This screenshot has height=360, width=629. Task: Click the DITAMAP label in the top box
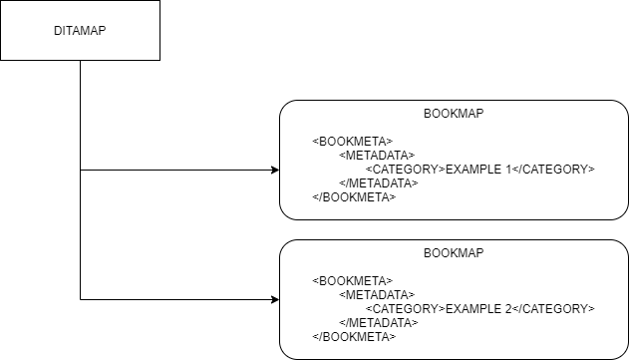[x=80, y=30]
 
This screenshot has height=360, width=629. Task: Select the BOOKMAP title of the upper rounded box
[x=454, y=114]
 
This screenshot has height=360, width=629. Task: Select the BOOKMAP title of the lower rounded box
[x=454, y=253]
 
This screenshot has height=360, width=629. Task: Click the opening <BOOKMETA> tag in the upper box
[x=352, y=142]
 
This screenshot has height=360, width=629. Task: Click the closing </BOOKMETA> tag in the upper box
[x=354, y=197]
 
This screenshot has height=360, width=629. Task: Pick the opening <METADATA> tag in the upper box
[x=377, y=156]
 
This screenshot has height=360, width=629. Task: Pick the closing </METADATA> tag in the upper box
[x=379, y=183]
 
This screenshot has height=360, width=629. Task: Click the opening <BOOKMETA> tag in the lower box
[x=352, y=281]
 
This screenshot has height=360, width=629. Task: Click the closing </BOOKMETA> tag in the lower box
[x=354, y=337]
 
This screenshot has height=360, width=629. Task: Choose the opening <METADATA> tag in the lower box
[x=377, y=295]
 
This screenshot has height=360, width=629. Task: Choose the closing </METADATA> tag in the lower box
[x=379, y=323]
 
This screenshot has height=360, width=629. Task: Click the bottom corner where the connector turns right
[x=80, y=299]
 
